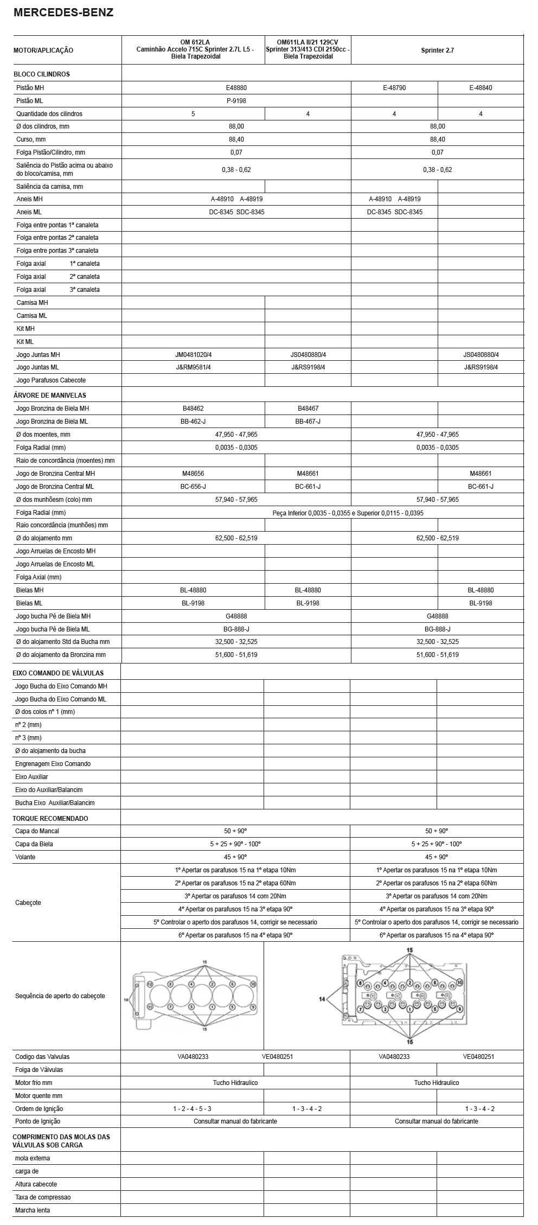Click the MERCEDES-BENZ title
[63, 13]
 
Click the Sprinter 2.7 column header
[437, 50]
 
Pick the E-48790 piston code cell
[394, 88]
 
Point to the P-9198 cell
[236, 100]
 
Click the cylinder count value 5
[193, 114]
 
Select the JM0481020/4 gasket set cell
[193, 354]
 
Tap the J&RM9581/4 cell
[193, 367]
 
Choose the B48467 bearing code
[308, 409]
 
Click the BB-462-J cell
[193, 422]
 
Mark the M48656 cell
[193, 473]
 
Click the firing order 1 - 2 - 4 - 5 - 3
[193, 1109]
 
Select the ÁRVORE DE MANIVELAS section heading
[50, 395]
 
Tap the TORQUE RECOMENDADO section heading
[50, 818]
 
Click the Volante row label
[25, 857]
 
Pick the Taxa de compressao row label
[43, 1197]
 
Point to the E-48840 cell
[481, 88]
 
